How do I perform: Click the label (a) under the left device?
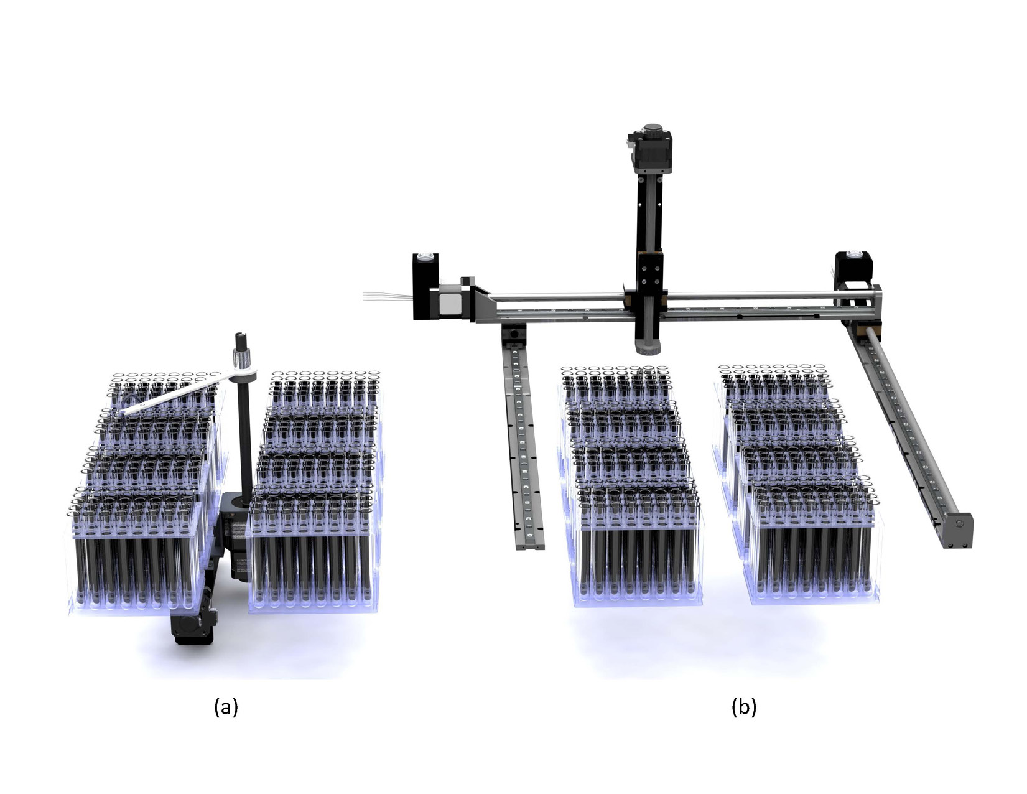point(226,708)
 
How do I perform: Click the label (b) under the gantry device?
point(744,708)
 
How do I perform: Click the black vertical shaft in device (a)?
point(245,435)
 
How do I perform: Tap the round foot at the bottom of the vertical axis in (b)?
point(650,348)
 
